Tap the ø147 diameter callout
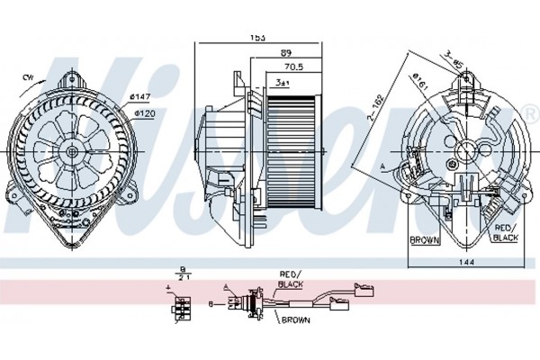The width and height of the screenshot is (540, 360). coord(139,96)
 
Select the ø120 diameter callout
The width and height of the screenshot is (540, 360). coord(144,113)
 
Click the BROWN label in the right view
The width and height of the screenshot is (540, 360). coord(424,240)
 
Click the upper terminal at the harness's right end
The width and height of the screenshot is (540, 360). coord(366,291)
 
